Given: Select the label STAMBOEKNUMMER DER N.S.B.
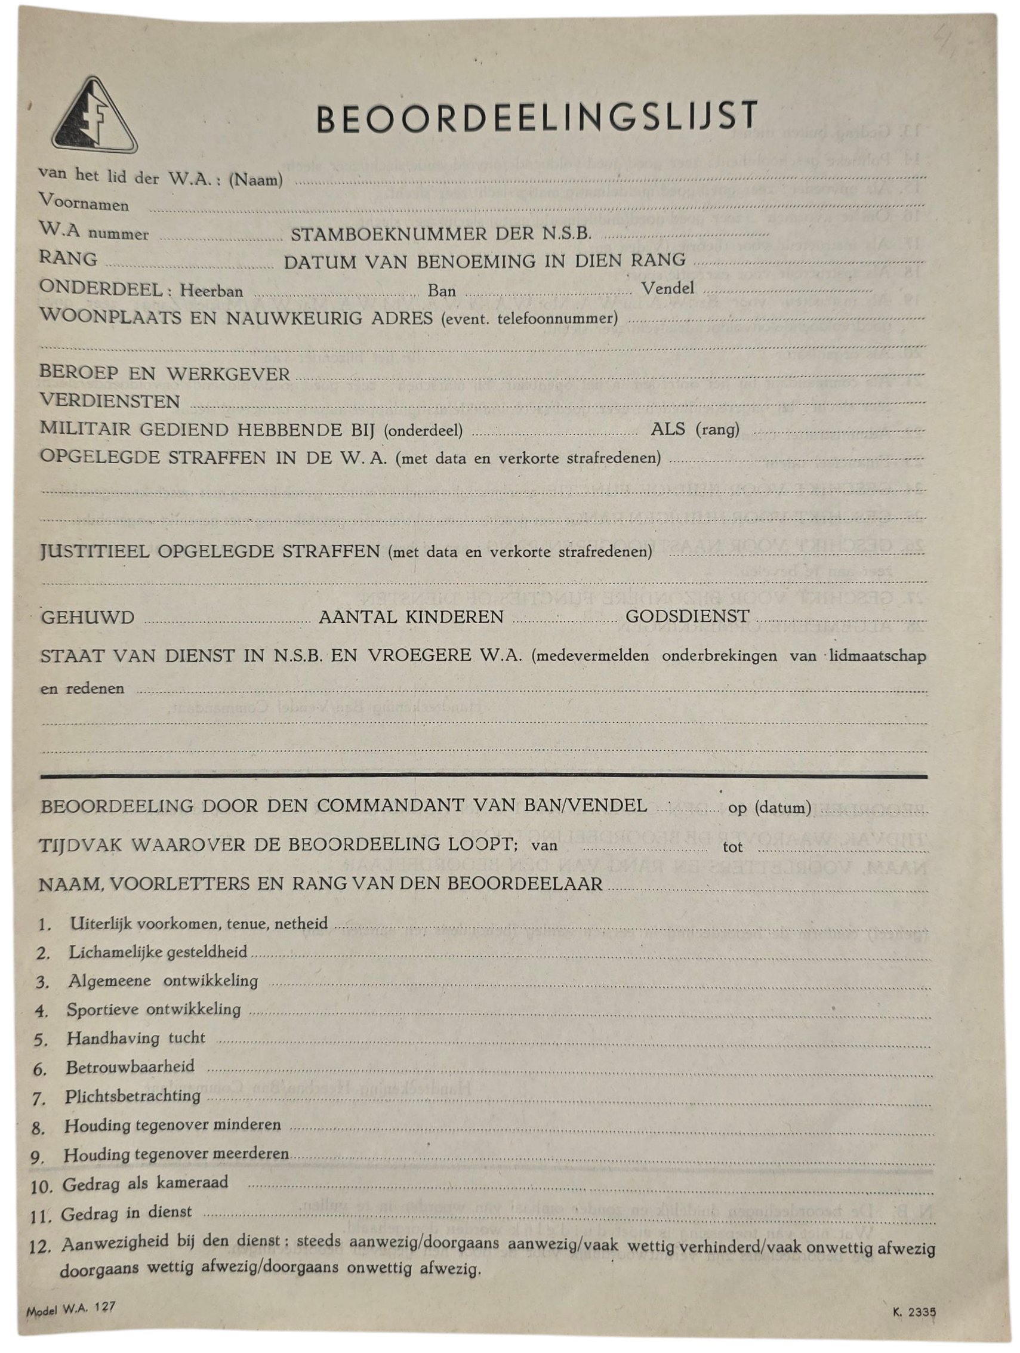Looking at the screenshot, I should point(441,233).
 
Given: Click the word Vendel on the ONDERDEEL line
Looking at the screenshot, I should point(668,288).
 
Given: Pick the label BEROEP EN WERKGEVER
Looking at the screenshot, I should point(165,373).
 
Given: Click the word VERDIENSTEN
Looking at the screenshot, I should point(110,401).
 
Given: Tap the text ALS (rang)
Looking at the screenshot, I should point(695,429).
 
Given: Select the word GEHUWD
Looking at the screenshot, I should point(88,617).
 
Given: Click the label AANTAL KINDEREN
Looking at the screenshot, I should point(411,617).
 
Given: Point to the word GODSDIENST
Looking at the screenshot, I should point(688,616).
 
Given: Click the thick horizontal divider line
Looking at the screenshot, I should point(483,776).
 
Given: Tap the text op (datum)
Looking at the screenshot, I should point(769,808).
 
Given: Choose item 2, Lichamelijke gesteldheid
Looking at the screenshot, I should point(158,953).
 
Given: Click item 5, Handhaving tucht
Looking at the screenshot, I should point(135,1038).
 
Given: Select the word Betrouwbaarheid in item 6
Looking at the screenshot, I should point(130,1067).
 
